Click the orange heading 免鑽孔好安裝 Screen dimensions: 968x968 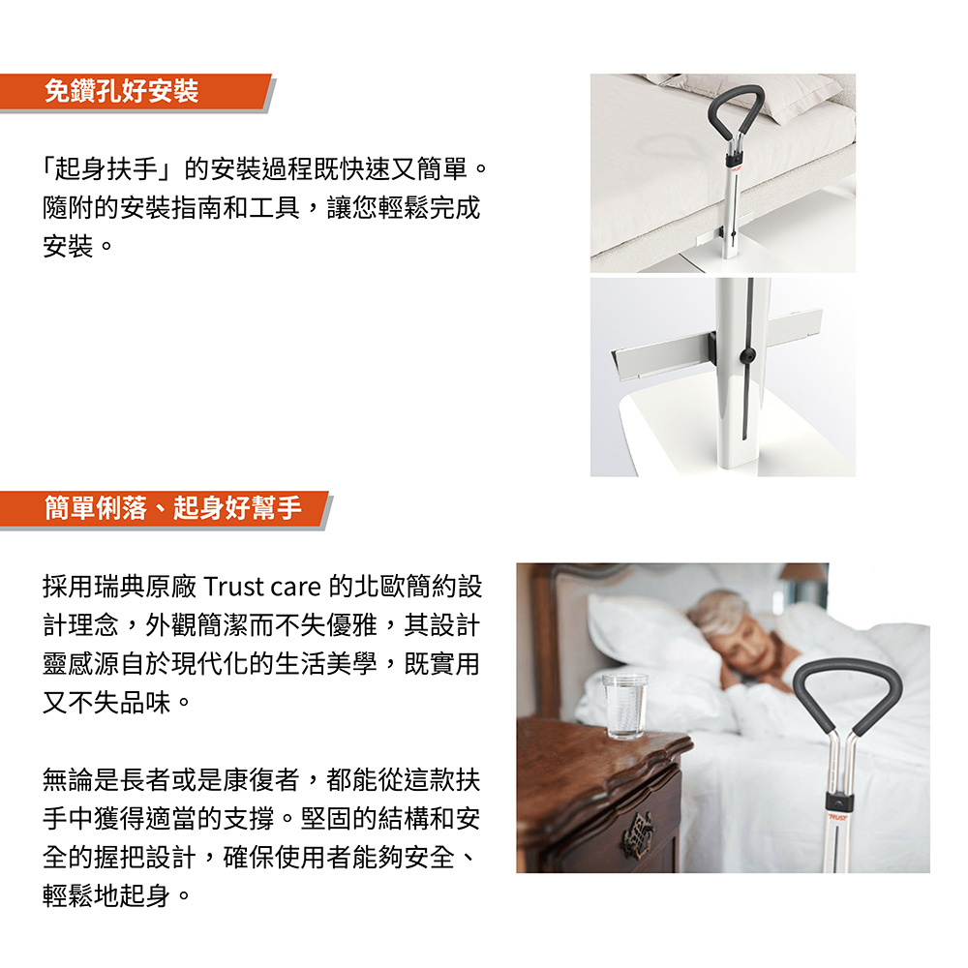point(121,91)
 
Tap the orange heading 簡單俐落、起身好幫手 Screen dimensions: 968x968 point(173,508)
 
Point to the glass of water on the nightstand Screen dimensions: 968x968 point(624,707)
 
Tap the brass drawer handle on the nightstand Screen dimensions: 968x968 point(638,833)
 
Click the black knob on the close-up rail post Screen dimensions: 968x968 point(747,355)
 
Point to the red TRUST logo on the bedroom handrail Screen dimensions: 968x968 point(837,817)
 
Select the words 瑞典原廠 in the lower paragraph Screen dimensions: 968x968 point(145,587)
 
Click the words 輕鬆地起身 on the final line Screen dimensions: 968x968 point(106,895)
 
